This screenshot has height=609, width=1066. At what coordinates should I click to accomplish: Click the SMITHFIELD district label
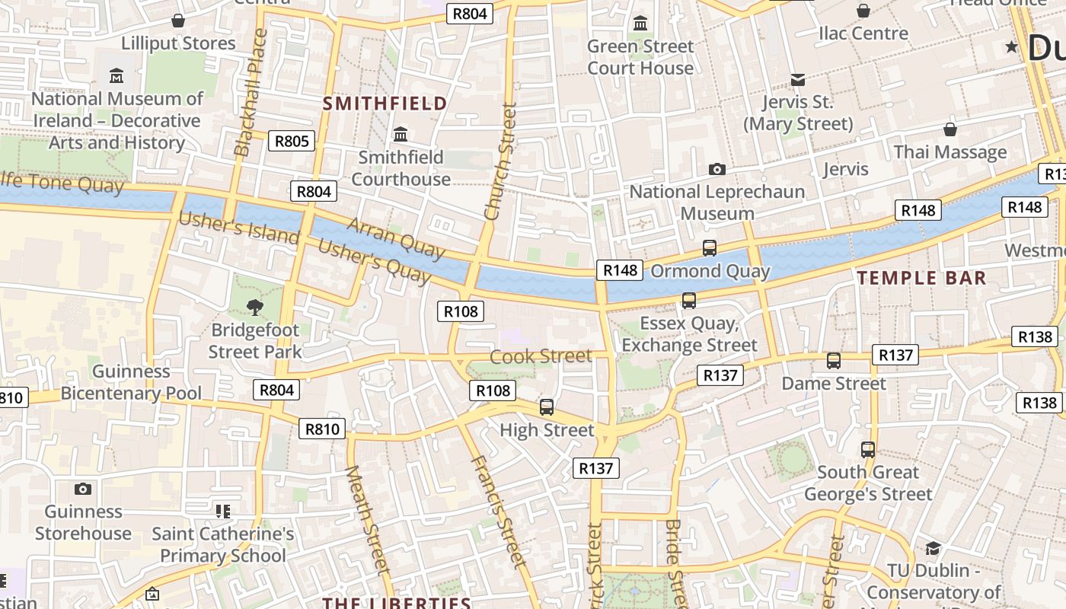tap(385, 104)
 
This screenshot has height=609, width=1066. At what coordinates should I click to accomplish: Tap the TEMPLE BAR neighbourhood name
tap(921, 278)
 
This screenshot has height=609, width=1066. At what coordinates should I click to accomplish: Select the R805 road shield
tap(292, 141)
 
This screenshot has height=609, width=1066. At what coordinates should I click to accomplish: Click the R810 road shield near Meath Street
tap(322, 429)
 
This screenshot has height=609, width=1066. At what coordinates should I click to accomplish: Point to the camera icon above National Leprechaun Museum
tap(717, 169)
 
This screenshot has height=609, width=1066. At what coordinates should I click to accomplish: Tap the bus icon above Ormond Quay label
tap(709, 247)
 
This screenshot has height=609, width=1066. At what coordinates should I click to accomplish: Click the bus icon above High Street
tap(547, 407)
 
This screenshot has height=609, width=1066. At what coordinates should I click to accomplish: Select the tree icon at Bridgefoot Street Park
tap(255, 308)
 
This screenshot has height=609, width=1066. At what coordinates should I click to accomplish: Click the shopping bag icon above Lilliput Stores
tap(178, 20)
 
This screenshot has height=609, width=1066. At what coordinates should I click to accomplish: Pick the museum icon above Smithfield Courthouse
tap(401, 136)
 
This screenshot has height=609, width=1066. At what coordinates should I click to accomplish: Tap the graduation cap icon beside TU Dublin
tap(932, 548)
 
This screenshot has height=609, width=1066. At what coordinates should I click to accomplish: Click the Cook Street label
tap(541, 356)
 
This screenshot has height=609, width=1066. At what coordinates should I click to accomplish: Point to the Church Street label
tap(500, 162)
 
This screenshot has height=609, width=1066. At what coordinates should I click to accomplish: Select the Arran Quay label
tap(395, 238)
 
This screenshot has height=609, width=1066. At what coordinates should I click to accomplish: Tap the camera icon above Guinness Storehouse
tap(83, 489)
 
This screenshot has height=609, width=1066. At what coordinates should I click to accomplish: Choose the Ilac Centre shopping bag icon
tap(863, 11)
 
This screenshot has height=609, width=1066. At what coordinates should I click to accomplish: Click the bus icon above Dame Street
tap(834, 361)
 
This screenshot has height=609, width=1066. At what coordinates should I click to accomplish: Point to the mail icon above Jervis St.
tap(797, 79)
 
